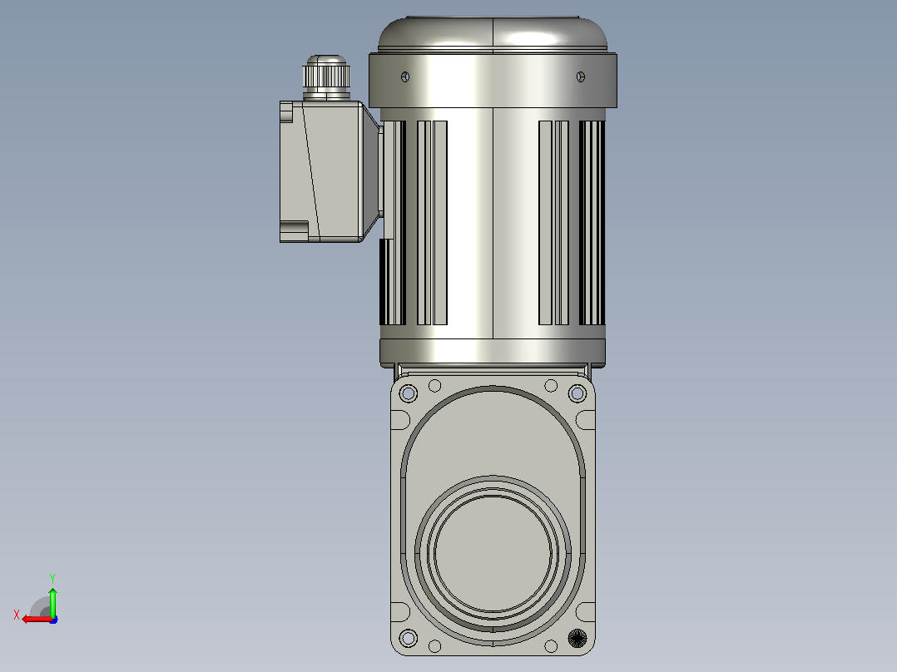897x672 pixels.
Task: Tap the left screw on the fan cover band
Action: point(405,77)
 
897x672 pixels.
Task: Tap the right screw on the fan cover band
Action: point(581,77)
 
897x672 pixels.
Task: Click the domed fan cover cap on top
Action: point(493,34)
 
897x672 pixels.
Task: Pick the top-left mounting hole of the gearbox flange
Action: point(409,393)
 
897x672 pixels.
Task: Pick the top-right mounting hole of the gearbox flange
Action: point(577,393)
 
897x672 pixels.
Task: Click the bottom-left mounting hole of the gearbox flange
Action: point(409,638)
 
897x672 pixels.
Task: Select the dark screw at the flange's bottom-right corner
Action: point(577,638)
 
